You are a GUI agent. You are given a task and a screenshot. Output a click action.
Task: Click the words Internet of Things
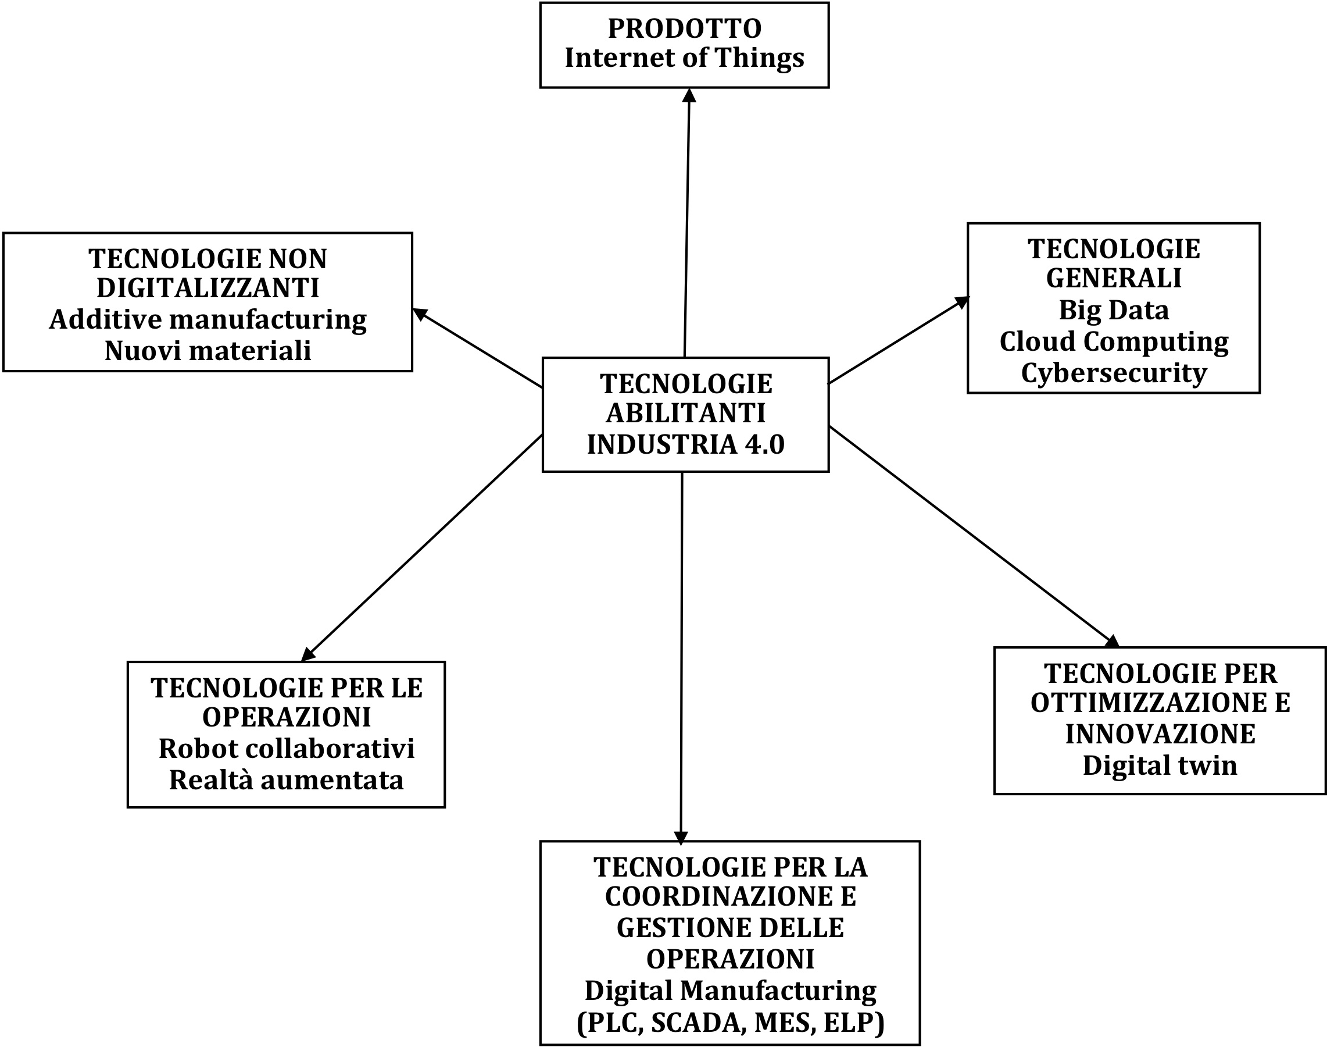point(684,58)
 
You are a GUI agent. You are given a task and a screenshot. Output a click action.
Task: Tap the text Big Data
point(1114,310)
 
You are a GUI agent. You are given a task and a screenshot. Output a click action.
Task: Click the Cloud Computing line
point(1114,342)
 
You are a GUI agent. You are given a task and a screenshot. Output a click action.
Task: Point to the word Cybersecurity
point(1114,373)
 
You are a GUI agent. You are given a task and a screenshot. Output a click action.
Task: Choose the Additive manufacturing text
point(208,320)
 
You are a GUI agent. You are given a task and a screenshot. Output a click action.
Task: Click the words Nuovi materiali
point(208,351)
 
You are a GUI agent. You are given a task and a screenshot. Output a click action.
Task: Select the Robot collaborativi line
point(287,749)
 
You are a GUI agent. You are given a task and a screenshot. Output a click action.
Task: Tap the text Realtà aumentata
point(287,781)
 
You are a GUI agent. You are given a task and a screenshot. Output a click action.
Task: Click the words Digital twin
point(1160,765)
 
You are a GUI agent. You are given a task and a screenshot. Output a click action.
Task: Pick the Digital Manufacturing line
point(730,991)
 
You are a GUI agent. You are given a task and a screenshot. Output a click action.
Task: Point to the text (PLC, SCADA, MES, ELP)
point(730,1023)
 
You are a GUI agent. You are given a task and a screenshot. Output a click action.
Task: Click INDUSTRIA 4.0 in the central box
point(685,444)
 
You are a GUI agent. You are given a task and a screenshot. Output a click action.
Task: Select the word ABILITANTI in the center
point(685,414)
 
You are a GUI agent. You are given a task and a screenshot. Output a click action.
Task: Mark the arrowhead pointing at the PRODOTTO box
point(689,95)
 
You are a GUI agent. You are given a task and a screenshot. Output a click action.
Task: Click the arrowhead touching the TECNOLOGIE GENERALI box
point(963,302)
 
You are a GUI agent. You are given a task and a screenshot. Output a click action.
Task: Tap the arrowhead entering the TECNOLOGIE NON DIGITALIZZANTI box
point(420,314)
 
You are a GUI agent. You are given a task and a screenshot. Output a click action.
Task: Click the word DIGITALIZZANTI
point(208,289)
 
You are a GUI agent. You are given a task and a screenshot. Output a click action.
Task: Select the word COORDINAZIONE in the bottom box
point(730,897)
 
